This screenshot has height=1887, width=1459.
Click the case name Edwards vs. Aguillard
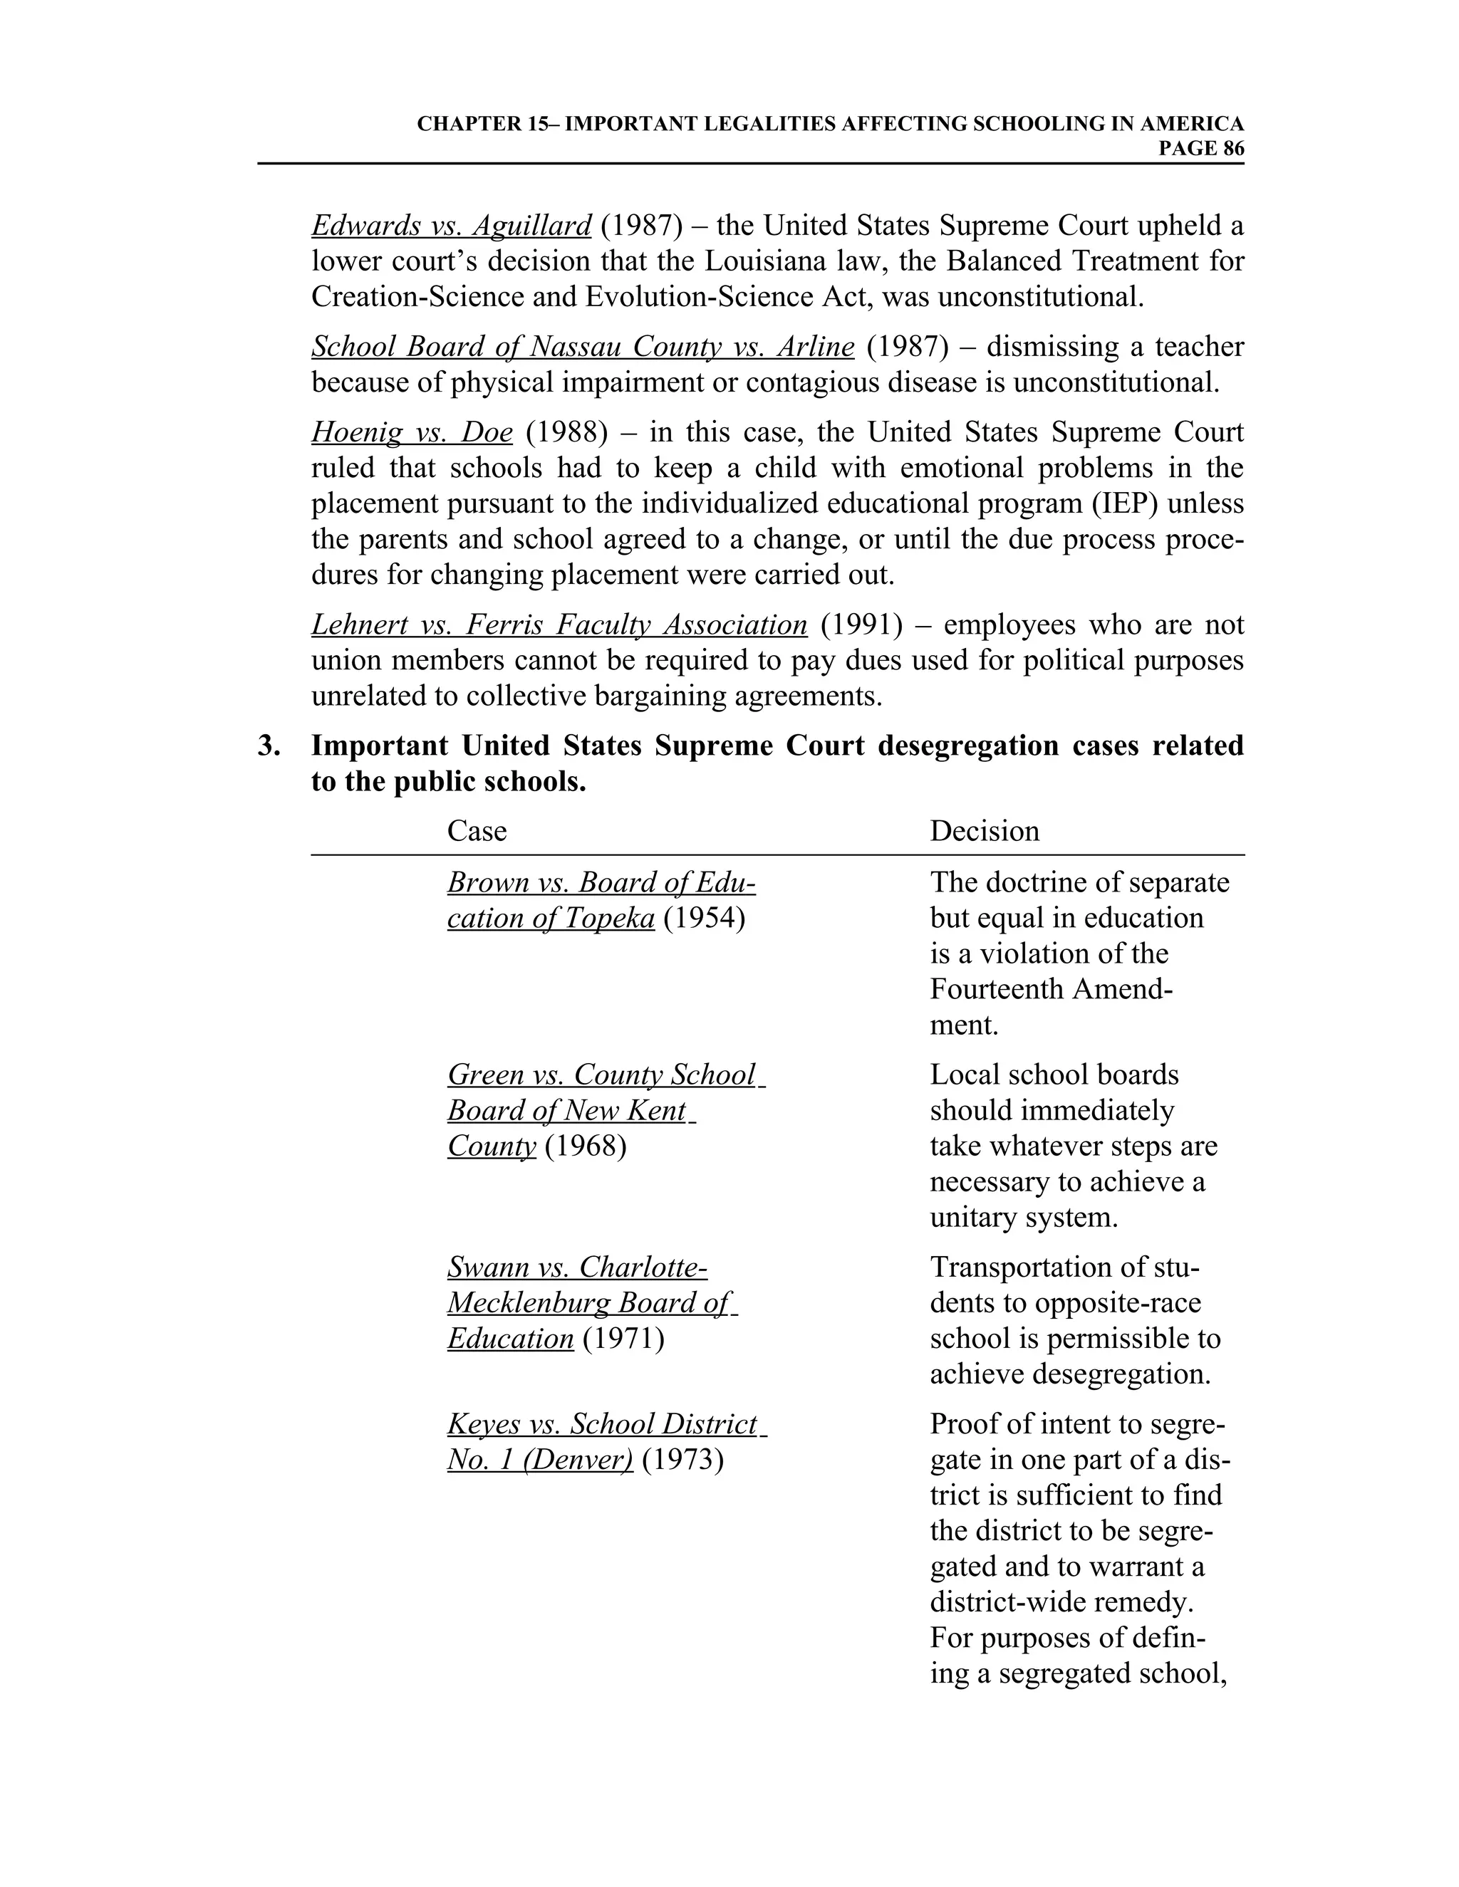[451, 226]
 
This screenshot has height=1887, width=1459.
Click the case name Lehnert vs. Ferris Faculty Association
[559, 624]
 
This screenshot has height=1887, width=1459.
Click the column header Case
[477, 831]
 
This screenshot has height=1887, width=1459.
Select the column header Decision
[985, 831]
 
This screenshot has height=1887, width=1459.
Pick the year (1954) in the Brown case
[704, 919]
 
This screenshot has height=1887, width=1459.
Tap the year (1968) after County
[585, 1146]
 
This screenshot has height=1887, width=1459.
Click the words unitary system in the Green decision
[1024, 1218]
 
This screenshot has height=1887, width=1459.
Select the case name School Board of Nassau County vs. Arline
[583, 347]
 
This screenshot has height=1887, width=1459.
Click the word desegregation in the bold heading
[968, 746]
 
